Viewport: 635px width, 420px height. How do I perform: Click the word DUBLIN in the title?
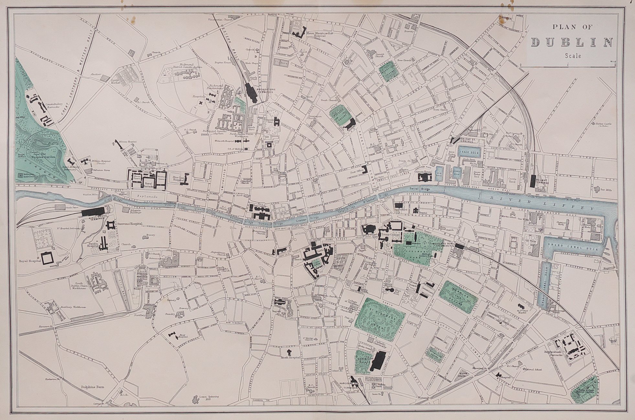572,42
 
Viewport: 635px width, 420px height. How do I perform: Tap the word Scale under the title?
573,56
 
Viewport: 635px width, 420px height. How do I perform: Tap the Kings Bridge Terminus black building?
94,212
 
